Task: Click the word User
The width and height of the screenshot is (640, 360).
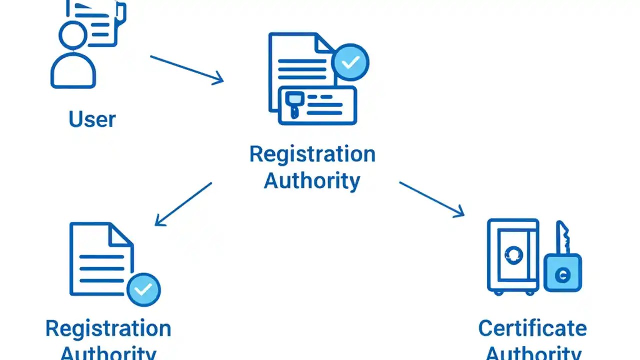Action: [x=92, y=119]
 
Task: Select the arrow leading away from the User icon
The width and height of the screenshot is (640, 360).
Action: [x=186, y=69]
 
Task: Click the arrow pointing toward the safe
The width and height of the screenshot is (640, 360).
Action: [x=431, y=199]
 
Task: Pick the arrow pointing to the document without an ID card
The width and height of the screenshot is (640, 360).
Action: [x=183, y=203]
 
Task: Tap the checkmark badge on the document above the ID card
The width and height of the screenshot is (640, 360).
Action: [x=350, y=62]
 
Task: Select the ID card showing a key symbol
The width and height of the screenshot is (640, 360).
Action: [x=318, y=105]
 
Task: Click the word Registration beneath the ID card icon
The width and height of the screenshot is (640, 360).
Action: [x=312, y=154]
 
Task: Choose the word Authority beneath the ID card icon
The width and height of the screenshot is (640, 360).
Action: [x=312, y=180]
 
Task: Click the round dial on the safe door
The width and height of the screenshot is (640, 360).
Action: [x=512, y=255]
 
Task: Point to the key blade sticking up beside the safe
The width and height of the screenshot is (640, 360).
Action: [x=563, y=237]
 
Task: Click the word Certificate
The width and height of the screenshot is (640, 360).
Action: [x=532, y=328]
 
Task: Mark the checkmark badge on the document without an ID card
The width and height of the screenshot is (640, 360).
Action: [x=143, y=289]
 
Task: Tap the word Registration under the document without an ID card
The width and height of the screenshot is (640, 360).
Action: [x=108, y=328]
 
